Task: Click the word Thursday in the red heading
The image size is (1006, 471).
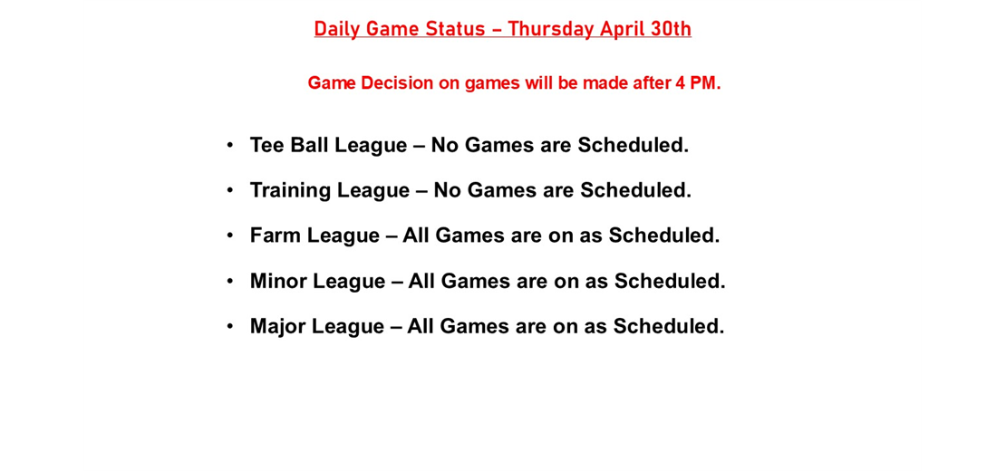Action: (550, 29)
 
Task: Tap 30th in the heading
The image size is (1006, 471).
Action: (670, 29)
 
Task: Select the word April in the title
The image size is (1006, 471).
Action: (623, 29)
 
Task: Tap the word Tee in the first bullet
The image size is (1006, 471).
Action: (267, 145)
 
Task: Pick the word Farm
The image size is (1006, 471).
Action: (276, 235)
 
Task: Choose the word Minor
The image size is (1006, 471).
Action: (278, 281)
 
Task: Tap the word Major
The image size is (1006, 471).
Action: (278, 326)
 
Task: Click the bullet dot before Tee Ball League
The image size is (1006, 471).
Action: (230, 145)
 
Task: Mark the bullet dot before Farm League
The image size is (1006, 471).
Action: (230, 235)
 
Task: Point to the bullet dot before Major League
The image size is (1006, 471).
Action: (230, 326)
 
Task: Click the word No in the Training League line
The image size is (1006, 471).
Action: (448, 190)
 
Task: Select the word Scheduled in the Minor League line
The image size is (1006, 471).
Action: (669, 281)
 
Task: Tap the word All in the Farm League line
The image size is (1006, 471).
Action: (416, 235)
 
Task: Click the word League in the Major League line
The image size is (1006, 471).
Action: (348, 326)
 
